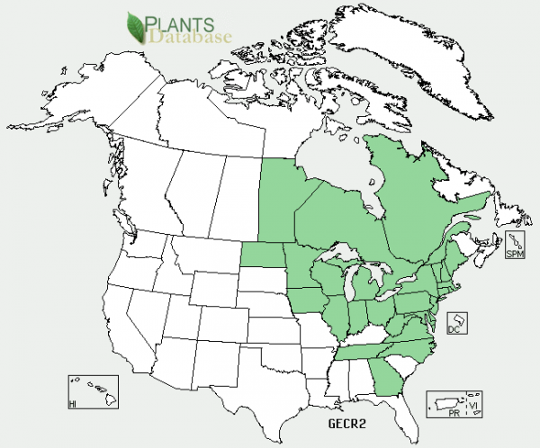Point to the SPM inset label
[514, 255]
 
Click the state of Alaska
[99, 99]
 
